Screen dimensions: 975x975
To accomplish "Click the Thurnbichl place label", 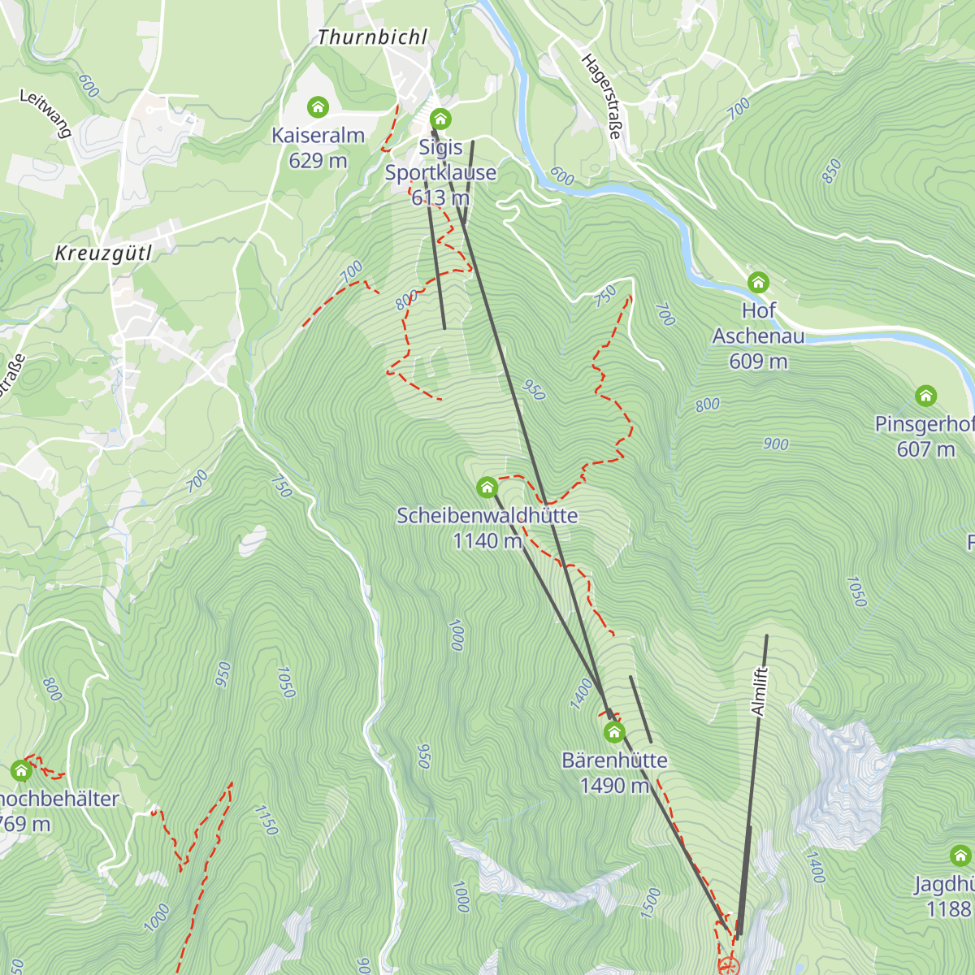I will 372,37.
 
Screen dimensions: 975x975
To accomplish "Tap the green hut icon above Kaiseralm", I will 318,107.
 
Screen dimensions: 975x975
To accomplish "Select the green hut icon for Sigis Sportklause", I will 440,119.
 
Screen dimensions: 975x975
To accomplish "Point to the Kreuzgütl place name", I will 103,253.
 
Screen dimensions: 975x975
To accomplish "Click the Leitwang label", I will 45,113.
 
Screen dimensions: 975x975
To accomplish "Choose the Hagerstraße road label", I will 602,96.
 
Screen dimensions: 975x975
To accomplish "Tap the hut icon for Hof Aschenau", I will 758,283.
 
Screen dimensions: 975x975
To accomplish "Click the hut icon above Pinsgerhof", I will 925,396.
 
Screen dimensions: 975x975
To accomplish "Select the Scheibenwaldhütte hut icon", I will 487,487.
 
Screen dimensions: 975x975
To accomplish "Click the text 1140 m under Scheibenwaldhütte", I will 487,541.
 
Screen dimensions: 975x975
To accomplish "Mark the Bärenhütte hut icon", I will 614,733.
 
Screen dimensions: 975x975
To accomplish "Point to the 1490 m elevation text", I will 614,786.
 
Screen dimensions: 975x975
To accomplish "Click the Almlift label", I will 759,691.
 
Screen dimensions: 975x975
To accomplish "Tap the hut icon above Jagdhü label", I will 960,856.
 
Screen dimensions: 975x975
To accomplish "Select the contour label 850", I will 831,171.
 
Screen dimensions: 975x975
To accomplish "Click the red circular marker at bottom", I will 729,966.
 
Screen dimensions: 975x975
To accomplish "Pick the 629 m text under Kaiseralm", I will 318,161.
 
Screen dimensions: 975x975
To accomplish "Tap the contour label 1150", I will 266,821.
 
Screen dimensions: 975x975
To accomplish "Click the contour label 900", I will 776,444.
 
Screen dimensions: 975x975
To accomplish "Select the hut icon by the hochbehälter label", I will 21,770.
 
